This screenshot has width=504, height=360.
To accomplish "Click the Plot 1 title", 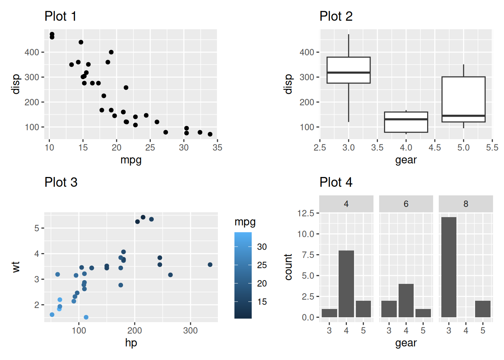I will [x=60, y=16].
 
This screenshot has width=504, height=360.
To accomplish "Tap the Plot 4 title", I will [x=336, y=183].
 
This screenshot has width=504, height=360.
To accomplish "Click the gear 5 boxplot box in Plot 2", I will [x=463, y=97].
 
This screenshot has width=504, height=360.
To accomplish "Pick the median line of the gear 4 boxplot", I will [x=406, y=119].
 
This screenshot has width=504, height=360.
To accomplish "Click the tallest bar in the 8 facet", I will [x=448, y=267].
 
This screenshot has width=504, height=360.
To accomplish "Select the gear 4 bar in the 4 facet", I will [x=346, y=284].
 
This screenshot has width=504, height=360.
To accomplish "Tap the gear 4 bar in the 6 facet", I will [x=406, y=300].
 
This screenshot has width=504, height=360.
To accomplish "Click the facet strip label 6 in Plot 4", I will [x=406, y=204].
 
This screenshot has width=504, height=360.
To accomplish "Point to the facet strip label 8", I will [x=466, y=204].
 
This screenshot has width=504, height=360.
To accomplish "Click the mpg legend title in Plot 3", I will [x=245, y=222].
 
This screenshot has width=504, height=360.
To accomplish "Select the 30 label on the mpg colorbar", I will [x=262, y=247].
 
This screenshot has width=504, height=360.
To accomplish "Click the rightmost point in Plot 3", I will [x=210, y=265].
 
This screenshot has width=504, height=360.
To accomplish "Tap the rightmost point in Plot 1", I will [x=210, y=134].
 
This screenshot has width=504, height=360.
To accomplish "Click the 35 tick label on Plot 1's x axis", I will [x=217, y=148].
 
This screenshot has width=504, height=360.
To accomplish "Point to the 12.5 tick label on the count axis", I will [x=306, y=213].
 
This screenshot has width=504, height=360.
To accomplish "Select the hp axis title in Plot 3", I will [x=131, y=343].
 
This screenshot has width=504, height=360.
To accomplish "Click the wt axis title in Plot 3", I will [x=16, y=267].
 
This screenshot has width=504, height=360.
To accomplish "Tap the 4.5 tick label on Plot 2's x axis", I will [x=435, y=148].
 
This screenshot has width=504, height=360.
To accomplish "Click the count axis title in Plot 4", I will [x=288, y=267].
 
